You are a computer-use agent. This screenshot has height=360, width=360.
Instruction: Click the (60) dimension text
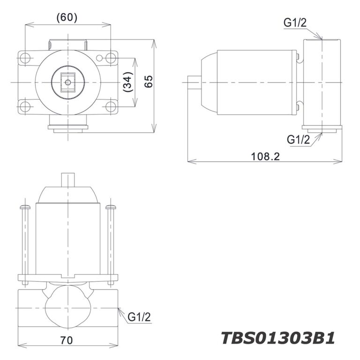click(67, 17)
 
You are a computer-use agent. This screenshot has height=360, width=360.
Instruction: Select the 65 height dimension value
click(149, 82)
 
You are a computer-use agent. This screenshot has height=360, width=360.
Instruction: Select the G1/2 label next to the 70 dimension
click(139, 317)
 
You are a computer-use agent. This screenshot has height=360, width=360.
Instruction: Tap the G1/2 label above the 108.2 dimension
click(299, 139)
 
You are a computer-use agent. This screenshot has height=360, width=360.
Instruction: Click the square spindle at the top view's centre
click(68, 82)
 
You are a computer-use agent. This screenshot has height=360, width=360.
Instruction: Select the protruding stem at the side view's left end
click(194, 82)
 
